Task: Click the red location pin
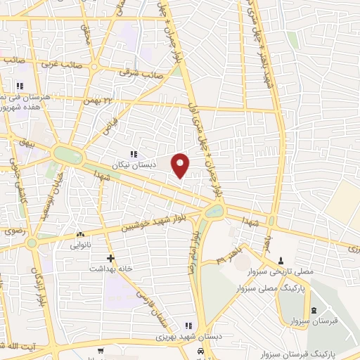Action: click(181, 164)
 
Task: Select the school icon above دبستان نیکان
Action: click(133, 154)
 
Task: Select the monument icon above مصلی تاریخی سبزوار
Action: click(281, 261)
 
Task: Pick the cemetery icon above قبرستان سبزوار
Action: click(314, 311)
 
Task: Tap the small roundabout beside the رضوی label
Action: click(32, 243)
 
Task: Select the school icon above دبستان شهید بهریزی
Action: click(188, 325)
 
